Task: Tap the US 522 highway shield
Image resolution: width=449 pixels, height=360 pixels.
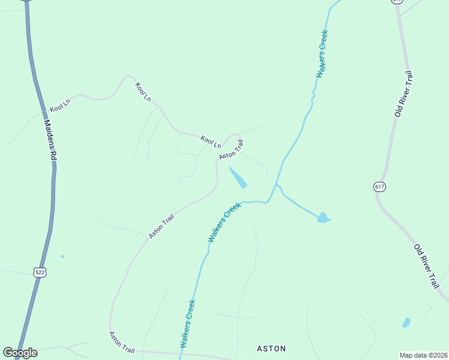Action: tap(40, 272)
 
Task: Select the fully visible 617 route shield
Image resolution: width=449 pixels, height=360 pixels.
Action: tap(379, 187)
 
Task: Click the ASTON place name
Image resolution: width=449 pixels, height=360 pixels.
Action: tap(271, 348)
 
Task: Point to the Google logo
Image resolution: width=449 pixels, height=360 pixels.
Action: tap(20, 353)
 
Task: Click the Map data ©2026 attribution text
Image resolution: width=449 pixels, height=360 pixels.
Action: tap(424, 355)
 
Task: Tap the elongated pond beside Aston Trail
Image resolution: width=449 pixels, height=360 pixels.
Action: tap(238, 178)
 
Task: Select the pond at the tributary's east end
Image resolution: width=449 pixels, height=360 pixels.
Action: tap(323, 217)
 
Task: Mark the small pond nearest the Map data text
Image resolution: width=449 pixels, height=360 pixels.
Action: tap(406, 323)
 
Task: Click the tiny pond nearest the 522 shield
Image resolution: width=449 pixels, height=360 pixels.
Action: tap(62, 257)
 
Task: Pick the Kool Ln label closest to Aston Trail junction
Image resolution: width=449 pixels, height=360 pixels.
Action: tap(211, 141)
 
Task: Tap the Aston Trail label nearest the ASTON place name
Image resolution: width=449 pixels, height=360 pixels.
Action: tap(122, 341)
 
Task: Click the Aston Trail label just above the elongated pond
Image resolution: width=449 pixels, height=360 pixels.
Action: tap(231, 150)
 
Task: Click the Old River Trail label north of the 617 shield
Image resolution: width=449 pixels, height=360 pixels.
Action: tap(403, 94)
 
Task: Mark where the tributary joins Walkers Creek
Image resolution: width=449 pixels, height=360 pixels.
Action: tap(276, 185)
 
